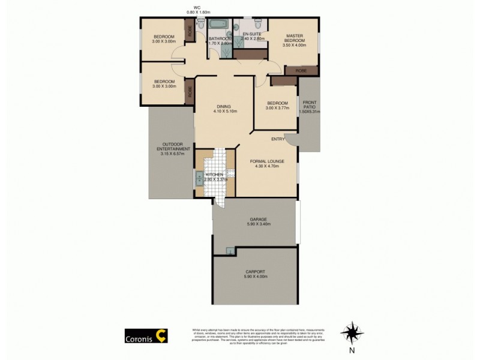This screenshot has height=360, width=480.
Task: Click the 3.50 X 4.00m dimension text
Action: pyautogui.click(x=295, y=45)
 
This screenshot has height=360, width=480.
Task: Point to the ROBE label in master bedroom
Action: pyautogui.click(x=301, y=70)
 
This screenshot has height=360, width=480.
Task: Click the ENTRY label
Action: pyautogui.click(x=278, y=139)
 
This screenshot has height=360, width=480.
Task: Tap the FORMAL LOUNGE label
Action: pyautogui.click(x=266, y=161)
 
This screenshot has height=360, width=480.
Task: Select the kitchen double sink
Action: pyautogui.click(x=198, y=176)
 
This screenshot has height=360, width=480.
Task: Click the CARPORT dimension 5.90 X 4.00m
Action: pyautogui.click(x=255, y=277)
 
